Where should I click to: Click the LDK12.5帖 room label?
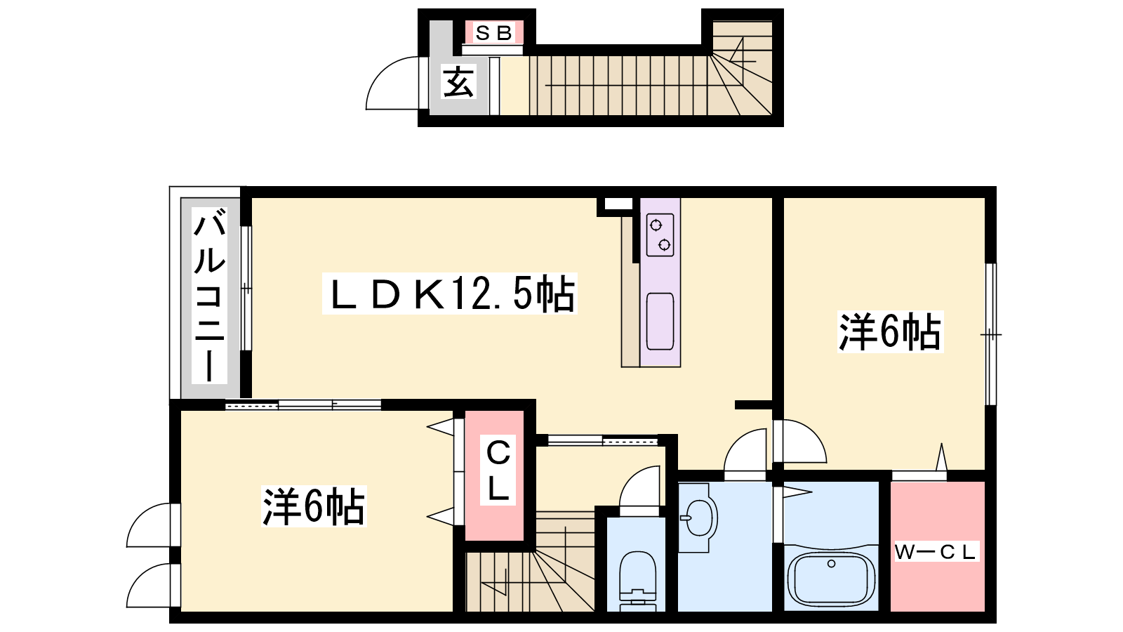pyautogui.click(x=450, y=294)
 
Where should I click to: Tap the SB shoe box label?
pyautogui.click(x=494, y=33)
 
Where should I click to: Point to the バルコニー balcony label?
pyautogui.click(x=210, y=296)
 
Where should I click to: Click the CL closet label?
pyautogui.click(x=498, y=470)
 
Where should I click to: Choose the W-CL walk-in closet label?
pyautogui.click(x=936, y=552)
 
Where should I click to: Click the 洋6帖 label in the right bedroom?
pyautogui.click(x=890, y=332)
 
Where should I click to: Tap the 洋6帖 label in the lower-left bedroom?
pyautogui.click(x=314, y=506)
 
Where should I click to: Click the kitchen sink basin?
pyautogui.click(x=660, y=321)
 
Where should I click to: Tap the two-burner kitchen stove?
pyautogui.click(x=660, y=235)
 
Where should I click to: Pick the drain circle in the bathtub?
pyautogui.click(x=831, y=564)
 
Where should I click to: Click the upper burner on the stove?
pyautogui.click(x=656, y=225)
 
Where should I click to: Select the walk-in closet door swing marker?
pyautogui.click(x=941, y=457)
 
